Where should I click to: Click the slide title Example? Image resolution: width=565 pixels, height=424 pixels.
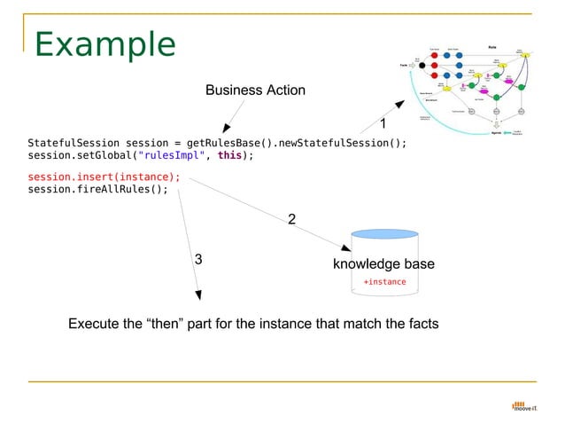pos(105,45)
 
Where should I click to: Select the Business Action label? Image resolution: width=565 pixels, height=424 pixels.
pos(255,90)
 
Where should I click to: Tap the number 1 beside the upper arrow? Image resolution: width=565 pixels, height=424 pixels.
pos(383,124)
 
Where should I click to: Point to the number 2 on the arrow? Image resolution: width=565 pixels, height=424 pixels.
pos(291,219)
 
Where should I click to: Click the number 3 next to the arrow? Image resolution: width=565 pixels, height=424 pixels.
pos(198,259)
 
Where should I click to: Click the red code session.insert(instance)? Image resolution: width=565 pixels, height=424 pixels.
pos(104,177)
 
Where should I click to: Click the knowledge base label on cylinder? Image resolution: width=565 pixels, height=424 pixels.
pos(383,264)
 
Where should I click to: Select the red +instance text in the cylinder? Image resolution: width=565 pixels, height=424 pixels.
pos(384,282)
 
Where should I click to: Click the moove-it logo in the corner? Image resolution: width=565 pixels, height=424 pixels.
pos(524,407)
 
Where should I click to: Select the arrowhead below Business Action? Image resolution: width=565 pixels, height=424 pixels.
pos(227,131)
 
